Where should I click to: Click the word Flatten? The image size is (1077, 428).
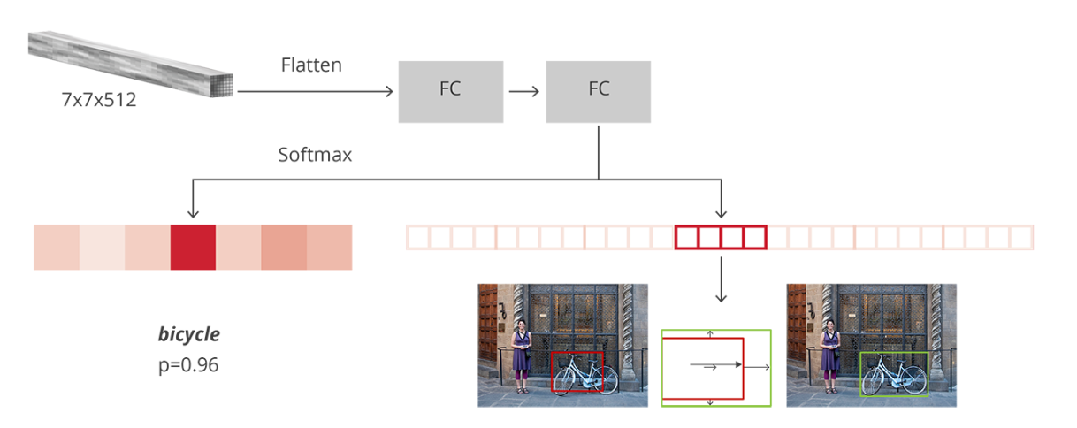311,65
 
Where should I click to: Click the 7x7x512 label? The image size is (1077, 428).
99,100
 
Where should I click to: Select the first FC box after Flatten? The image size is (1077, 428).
450,91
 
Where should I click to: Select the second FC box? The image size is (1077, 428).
598,91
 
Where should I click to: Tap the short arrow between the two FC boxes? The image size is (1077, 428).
523,91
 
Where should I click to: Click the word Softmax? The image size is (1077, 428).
315,155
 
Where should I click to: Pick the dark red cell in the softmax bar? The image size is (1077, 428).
193,247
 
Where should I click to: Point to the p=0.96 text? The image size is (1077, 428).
188,363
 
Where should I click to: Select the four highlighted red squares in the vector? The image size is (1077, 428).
720,237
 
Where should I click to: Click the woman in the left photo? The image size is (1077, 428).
523,354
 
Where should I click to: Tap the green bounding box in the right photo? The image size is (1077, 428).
894,373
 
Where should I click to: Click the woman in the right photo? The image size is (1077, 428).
830,354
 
